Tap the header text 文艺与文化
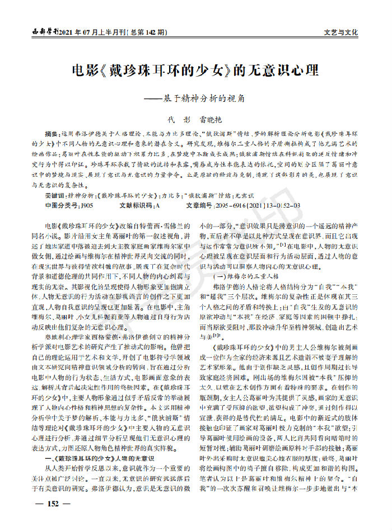(340, 32)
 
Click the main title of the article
(196, 71)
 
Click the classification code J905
(87, 206)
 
